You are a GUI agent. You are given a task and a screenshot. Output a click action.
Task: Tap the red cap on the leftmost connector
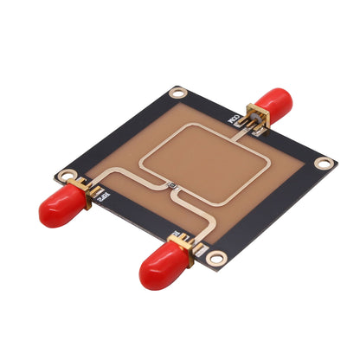[59, 209]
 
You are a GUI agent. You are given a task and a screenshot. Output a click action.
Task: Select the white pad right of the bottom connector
[202, 249]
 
